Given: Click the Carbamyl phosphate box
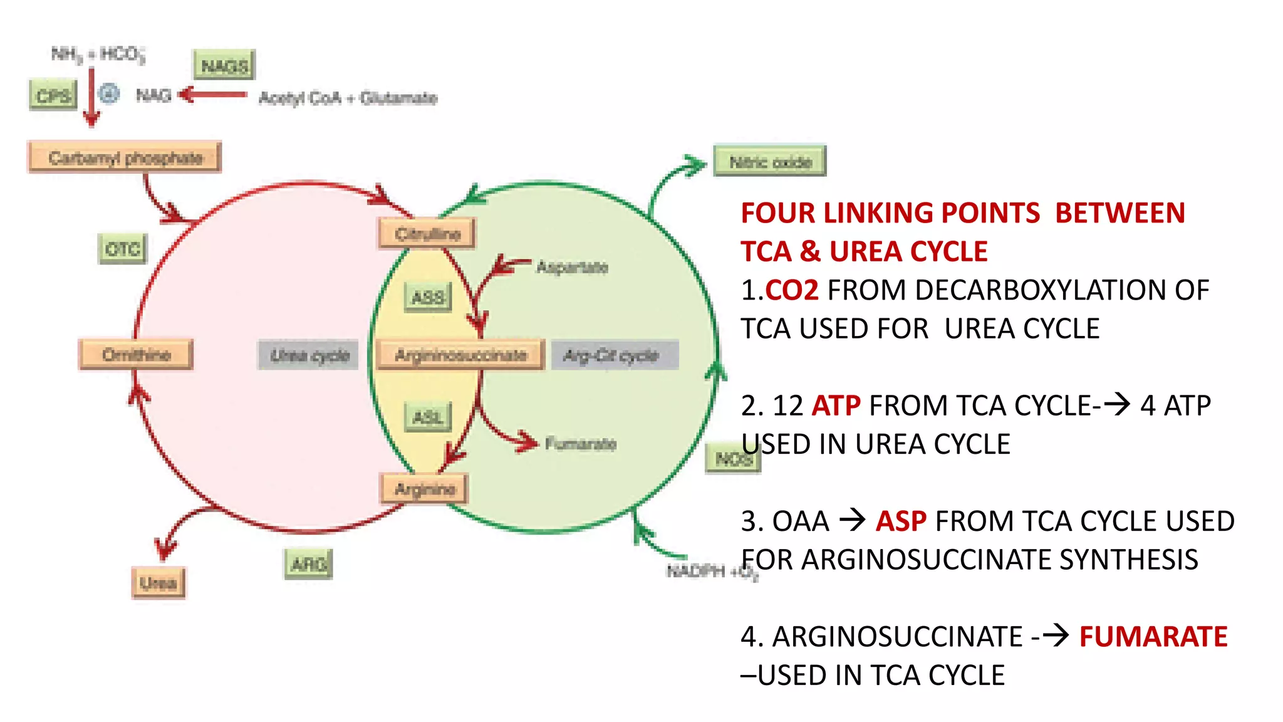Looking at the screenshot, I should click(x=125, y=157).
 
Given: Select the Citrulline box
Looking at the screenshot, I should click(x=427, y=234).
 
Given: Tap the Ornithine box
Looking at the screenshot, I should click(x=136, y=355).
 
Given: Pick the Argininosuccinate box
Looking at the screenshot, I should click(x=460, y=355).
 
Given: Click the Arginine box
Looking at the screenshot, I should click(x=425, y=489).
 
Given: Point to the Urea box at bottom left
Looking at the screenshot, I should click(x=158, y=583).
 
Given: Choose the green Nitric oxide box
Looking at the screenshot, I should click(x=770, y=162).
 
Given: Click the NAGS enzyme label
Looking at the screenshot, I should click(x=224, y=65).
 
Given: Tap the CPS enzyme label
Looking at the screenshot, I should click(x=53, y=95).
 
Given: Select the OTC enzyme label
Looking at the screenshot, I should click(x=123, y=249).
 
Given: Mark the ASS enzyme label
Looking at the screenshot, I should click(x=428, y=297).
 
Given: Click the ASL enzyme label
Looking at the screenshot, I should click(x=428, y=417).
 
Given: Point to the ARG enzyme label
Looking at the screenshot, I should click(x=308, y=564).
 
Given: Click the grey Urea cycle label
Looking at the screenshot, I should click(x=309, y=355).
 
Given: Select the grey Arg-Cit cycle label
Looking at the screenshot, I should click(x=613, y=355).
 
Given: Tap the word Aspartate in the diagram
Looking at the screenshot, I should click(x=572, y=267).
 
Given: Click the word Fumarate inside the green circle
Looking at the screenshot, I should click(x=580, y=444).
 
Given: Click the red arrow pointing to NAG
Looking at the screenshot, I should click(x=213, y=95).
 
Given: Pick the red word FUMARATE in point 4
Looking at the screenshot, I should click(x=1153, y=637).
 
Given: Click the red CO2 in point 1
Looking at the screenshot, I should click(x=792, y=291).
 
